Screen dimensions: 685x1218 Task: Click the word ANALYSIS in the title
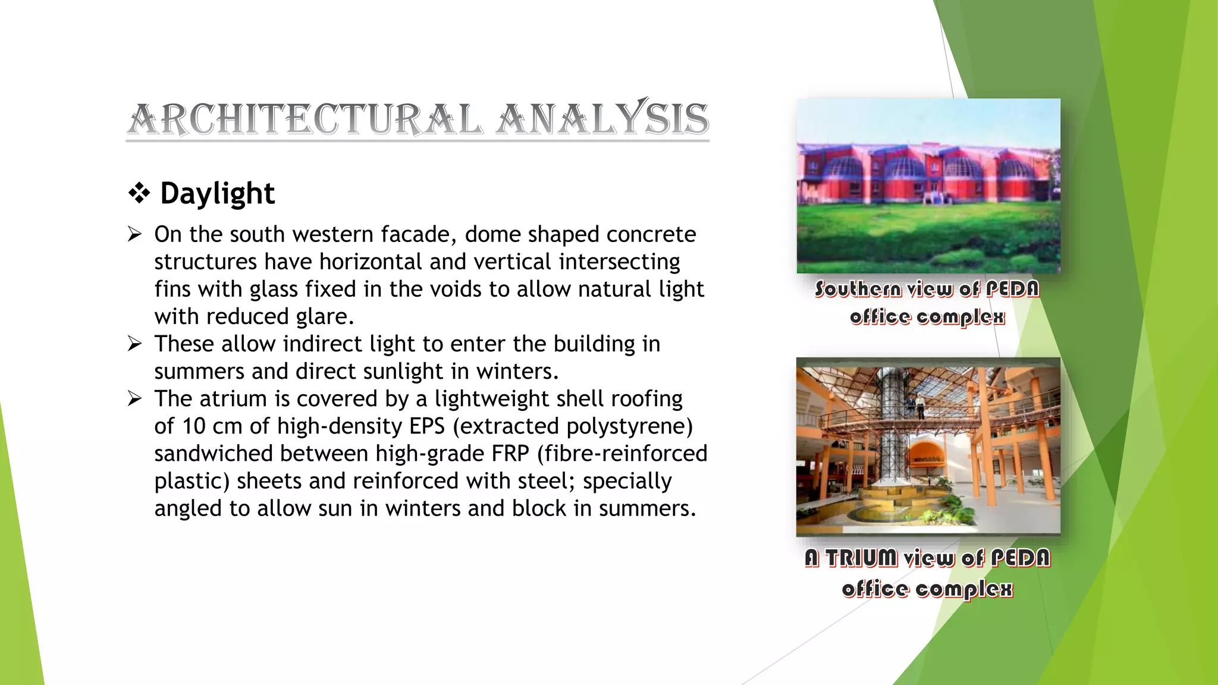603,120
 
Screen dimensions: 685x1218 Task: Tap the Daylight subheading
217,194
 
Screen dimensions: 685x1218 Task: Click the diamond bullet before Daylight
139,194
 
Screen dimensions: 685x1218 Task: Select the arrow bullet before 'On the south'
135,235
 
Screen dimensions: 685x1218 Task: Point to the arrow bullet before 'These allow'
135,344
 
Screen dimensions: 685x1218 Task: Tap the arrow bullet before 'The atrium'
135,399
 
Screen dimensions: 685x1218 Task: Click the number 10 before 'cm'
194,426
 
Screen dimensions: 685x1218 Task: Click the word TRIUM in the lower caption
861,558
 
